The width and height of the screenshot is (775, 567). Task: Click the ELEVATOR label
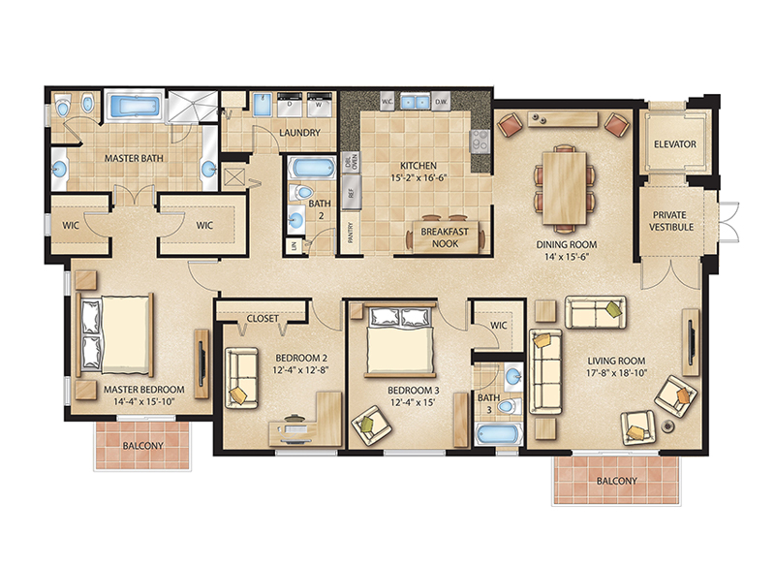675,144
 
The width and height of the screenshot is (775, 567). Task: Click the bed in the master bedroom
114,333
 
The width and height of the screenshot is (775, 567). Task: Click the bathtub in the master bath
133,107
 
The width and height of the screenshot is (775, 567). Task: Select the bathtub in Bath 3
498,433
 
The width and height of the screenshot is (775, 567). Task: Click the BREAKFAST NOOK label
445,238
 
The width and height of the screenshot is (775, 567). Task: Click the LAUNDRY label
299,133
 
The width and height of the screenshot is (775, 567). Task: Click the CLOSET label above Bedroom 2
263,318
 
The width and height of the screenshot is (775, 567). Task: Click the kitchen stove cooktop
480,142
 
